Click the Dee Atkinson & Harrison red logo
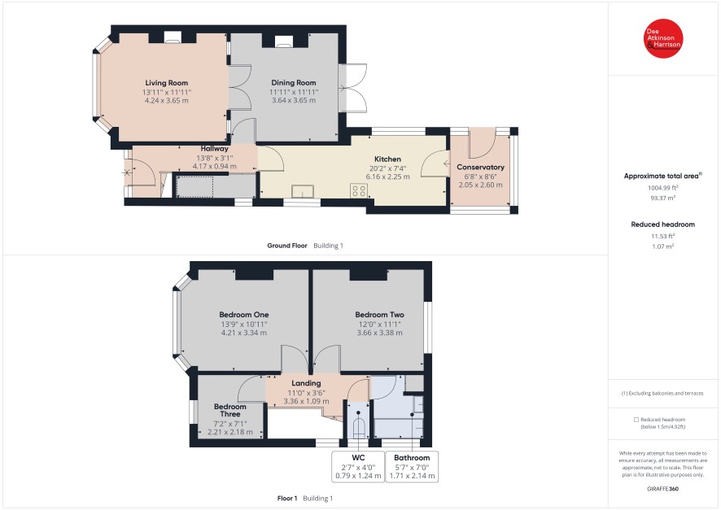coord(663,38)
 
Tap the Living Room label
coord(167,83)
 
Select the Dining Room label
coord(294,83)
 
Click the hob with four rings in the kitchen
coord(359,190)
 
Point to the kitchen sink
coord(303,191)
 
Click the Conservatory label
coord(480,168)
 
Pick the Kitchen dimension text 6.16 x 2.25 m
coord(387,177)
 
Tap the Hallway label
coord(214,148)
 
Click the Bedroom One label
coord(243,315)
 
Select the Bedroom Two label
coord(379,315)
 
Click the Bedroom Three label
coord(230,410)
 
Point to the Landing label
coord(306,383)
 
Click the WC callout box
coord(358,466)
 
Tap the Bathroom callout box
coord(412,466)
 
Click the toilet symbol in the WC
coord(358,426)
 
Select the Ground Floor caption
coord(287,246)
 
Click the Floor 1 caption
coord(287,498)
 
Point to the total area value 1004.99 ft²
coord(663,187)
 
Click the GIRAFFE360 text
coord(662,489)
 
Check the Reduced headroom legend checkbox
coord(636,420)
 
